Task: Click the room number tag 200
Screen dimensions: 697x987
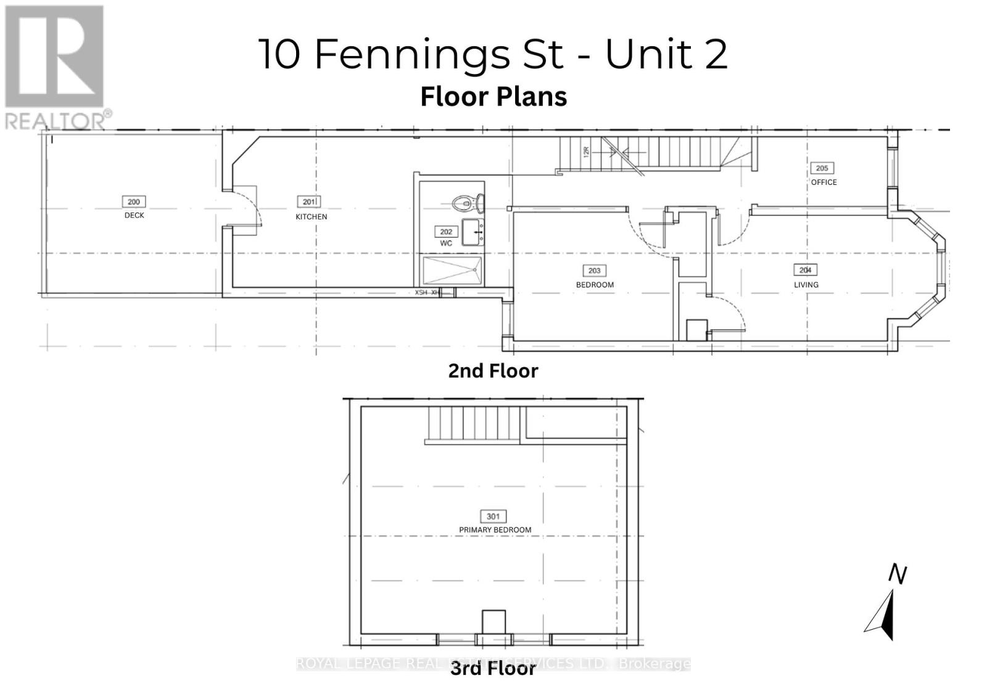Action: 133,202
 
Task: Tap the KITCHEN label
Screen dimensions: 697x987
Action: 311,217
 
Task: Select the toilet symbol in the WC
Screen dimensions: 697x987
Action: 469,202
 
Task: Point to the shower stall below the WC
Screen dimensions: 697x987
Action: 452,271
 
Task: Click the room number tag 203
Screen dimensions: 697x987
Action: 594,271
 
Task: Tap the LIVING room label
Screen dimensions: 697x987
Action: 806,285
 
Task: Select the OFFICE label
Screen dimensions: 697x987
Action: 824,182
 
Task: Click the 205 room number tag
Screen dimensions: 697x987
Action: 822,168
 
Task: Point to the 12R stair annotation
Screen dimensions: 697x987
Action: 587,150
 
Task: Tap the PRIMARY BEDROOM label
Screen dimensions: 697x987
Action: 495,530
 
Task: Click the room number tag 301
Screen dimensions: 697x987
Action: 493,516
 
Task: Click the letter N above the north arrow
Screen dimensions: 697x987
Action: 898,574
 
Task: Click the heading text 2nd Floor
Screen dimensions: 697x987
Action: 493,371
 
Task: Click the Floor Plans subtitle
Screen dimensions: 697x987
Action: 493,97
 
